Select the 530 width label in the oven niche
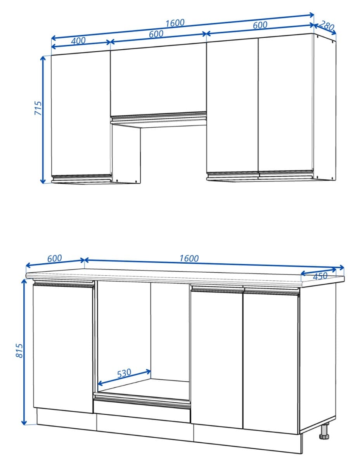[124, 373]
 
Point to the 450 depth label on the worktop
[320, 276]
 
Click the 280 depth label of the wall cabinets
[327, 26]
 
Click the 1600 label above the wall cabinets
[175, 23]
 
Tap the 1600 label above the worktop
[189, 258]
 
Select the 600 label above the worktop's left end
[54, 258]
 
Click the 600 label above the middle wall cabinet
[156, 34]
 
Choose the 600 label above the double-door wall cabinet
[260, 25]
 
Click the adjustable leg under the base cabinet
[324, 431]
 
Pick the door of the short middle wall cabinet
[158, 80]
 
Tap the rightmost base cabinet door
[271, 361]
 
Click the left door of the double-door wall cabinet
[232, 105]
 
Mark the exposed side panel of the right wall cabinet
[324, 107]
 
